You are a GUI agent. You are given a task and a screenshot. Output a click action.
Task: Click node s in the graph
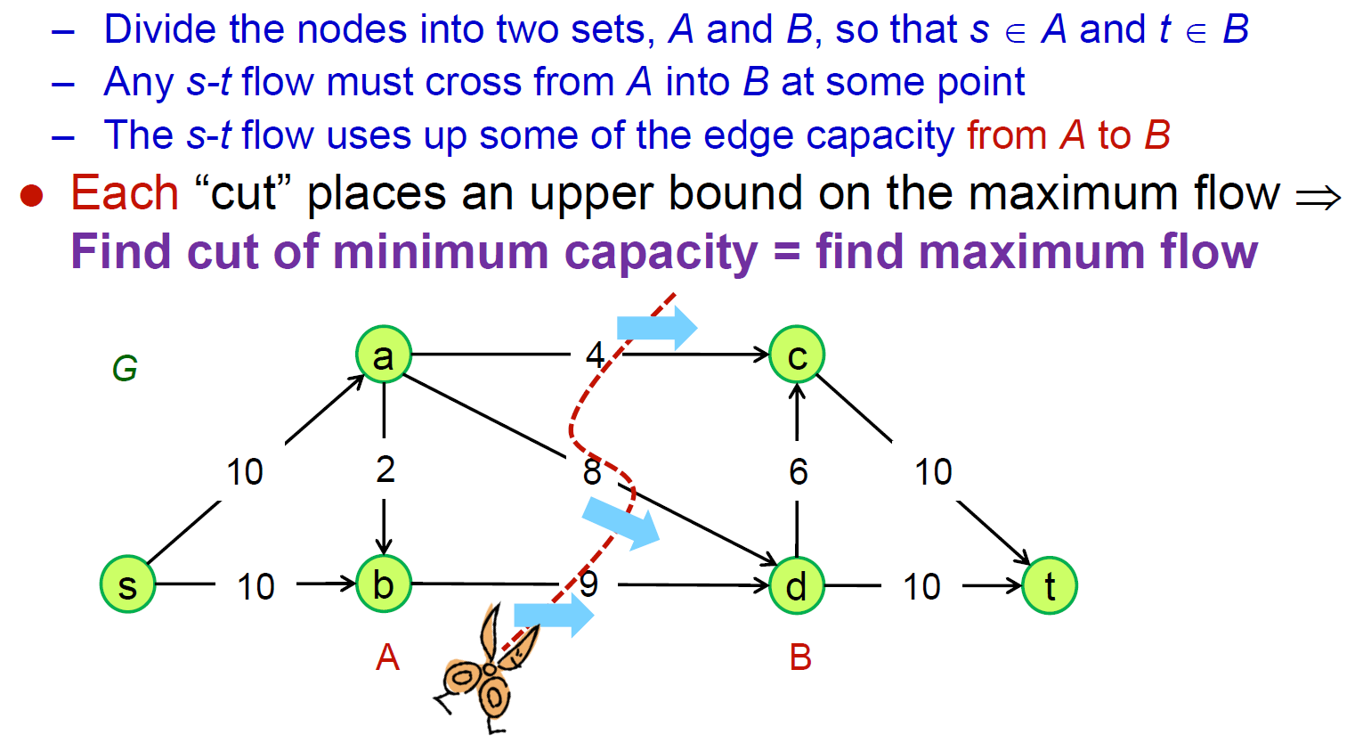(127, 585)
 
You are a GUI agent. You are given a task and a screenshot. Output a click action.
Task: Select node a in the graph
(383, 355)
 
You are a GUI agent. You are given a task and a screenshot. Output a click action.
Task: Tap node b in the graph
(383, 584)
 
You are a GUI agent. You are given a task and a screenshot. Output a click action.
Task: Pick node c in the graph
(797, 355)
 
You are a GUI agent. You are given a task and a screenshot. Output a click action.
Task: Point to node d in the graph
(796, 585)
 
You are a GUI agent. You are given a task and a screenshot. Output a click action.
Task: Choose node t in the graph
(1049, 585)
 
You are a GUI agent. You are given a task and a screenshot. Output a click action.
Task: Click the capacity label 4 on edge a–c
(595, 355)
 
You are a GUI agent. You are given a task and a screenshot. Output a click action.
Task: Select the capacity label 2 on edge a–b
(385, 469)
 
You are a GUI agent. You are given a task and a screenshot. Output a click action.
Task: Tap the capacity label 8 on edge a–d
(592, 471)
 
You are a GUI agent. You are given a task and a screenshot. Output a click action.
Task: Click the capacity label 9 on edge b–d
(588, 584)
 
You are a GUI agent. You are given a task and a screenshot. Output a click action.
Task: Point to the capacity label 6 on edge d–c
(798, 471)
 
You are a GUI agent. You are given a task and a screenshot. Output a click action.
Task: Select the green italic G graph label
(125, 368)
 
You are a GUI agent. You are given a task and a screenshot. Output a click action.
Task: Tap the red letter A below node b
(387, 657)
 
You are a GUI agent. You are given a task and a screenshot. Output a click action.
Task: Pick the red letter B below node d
(799, 657)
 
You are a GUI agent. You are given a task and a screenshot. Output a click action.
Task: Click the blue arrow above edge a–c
(657, 327)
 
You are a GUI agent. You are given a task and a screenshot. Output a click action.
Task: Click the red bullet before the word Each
(32, 196)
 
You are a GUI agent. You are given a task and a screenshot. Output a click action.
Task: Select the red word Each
(125, 193)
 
